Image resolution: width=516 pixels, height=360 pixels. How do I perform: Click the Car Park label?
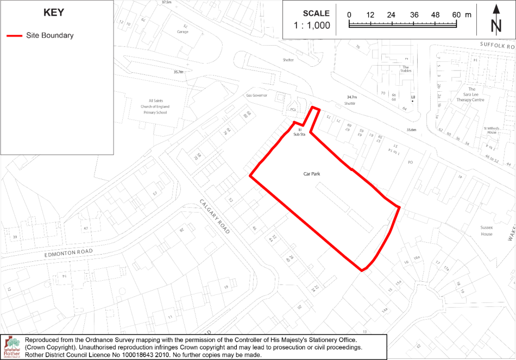click(x=312, y=174)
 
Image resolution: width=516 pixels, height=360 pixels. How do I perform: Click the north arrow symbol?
click(x=496, y=20)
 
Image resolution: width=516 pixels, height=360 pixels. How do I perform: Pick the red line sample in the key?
click(x=14, y=36)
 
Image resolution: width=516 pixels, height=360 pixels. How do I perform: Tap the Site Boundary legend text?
click(x=49, y=36)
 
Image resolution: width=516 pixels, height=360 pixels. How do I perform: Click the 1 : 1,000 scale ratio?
click(x=312, y=25)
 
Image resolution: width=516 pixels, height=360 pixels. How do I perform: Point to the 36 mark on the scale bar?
click(x=414, y=15)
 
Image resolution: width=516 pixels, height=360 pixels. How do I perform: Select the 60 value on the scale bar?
click(x=456, y=15)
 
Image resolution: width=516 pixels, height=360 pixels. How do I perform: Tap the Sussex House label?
click(x=486, y=231)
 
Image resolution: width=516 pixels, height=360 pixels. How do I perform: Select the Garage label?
click(x=183, y=32)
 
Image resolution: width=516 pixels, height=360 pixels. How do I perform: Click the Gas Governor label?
click(x=257, y=95)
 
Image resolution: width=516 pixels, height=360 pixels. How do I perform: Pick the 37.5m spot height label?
click(x=166, y=2)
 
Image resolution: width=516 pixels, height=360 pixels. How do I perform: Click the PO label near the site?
click(x=410, y=162)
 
